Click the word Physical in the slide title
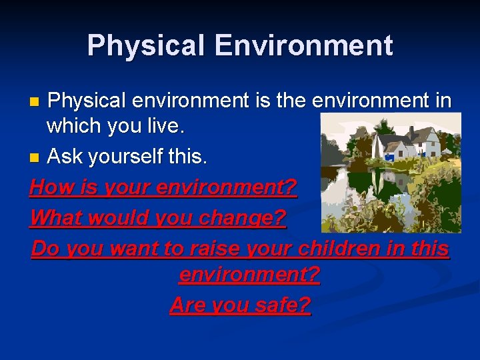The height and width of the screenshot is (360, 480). (141, 46)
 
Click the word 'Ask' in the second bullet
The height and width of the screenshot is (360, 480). (65, 157)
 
